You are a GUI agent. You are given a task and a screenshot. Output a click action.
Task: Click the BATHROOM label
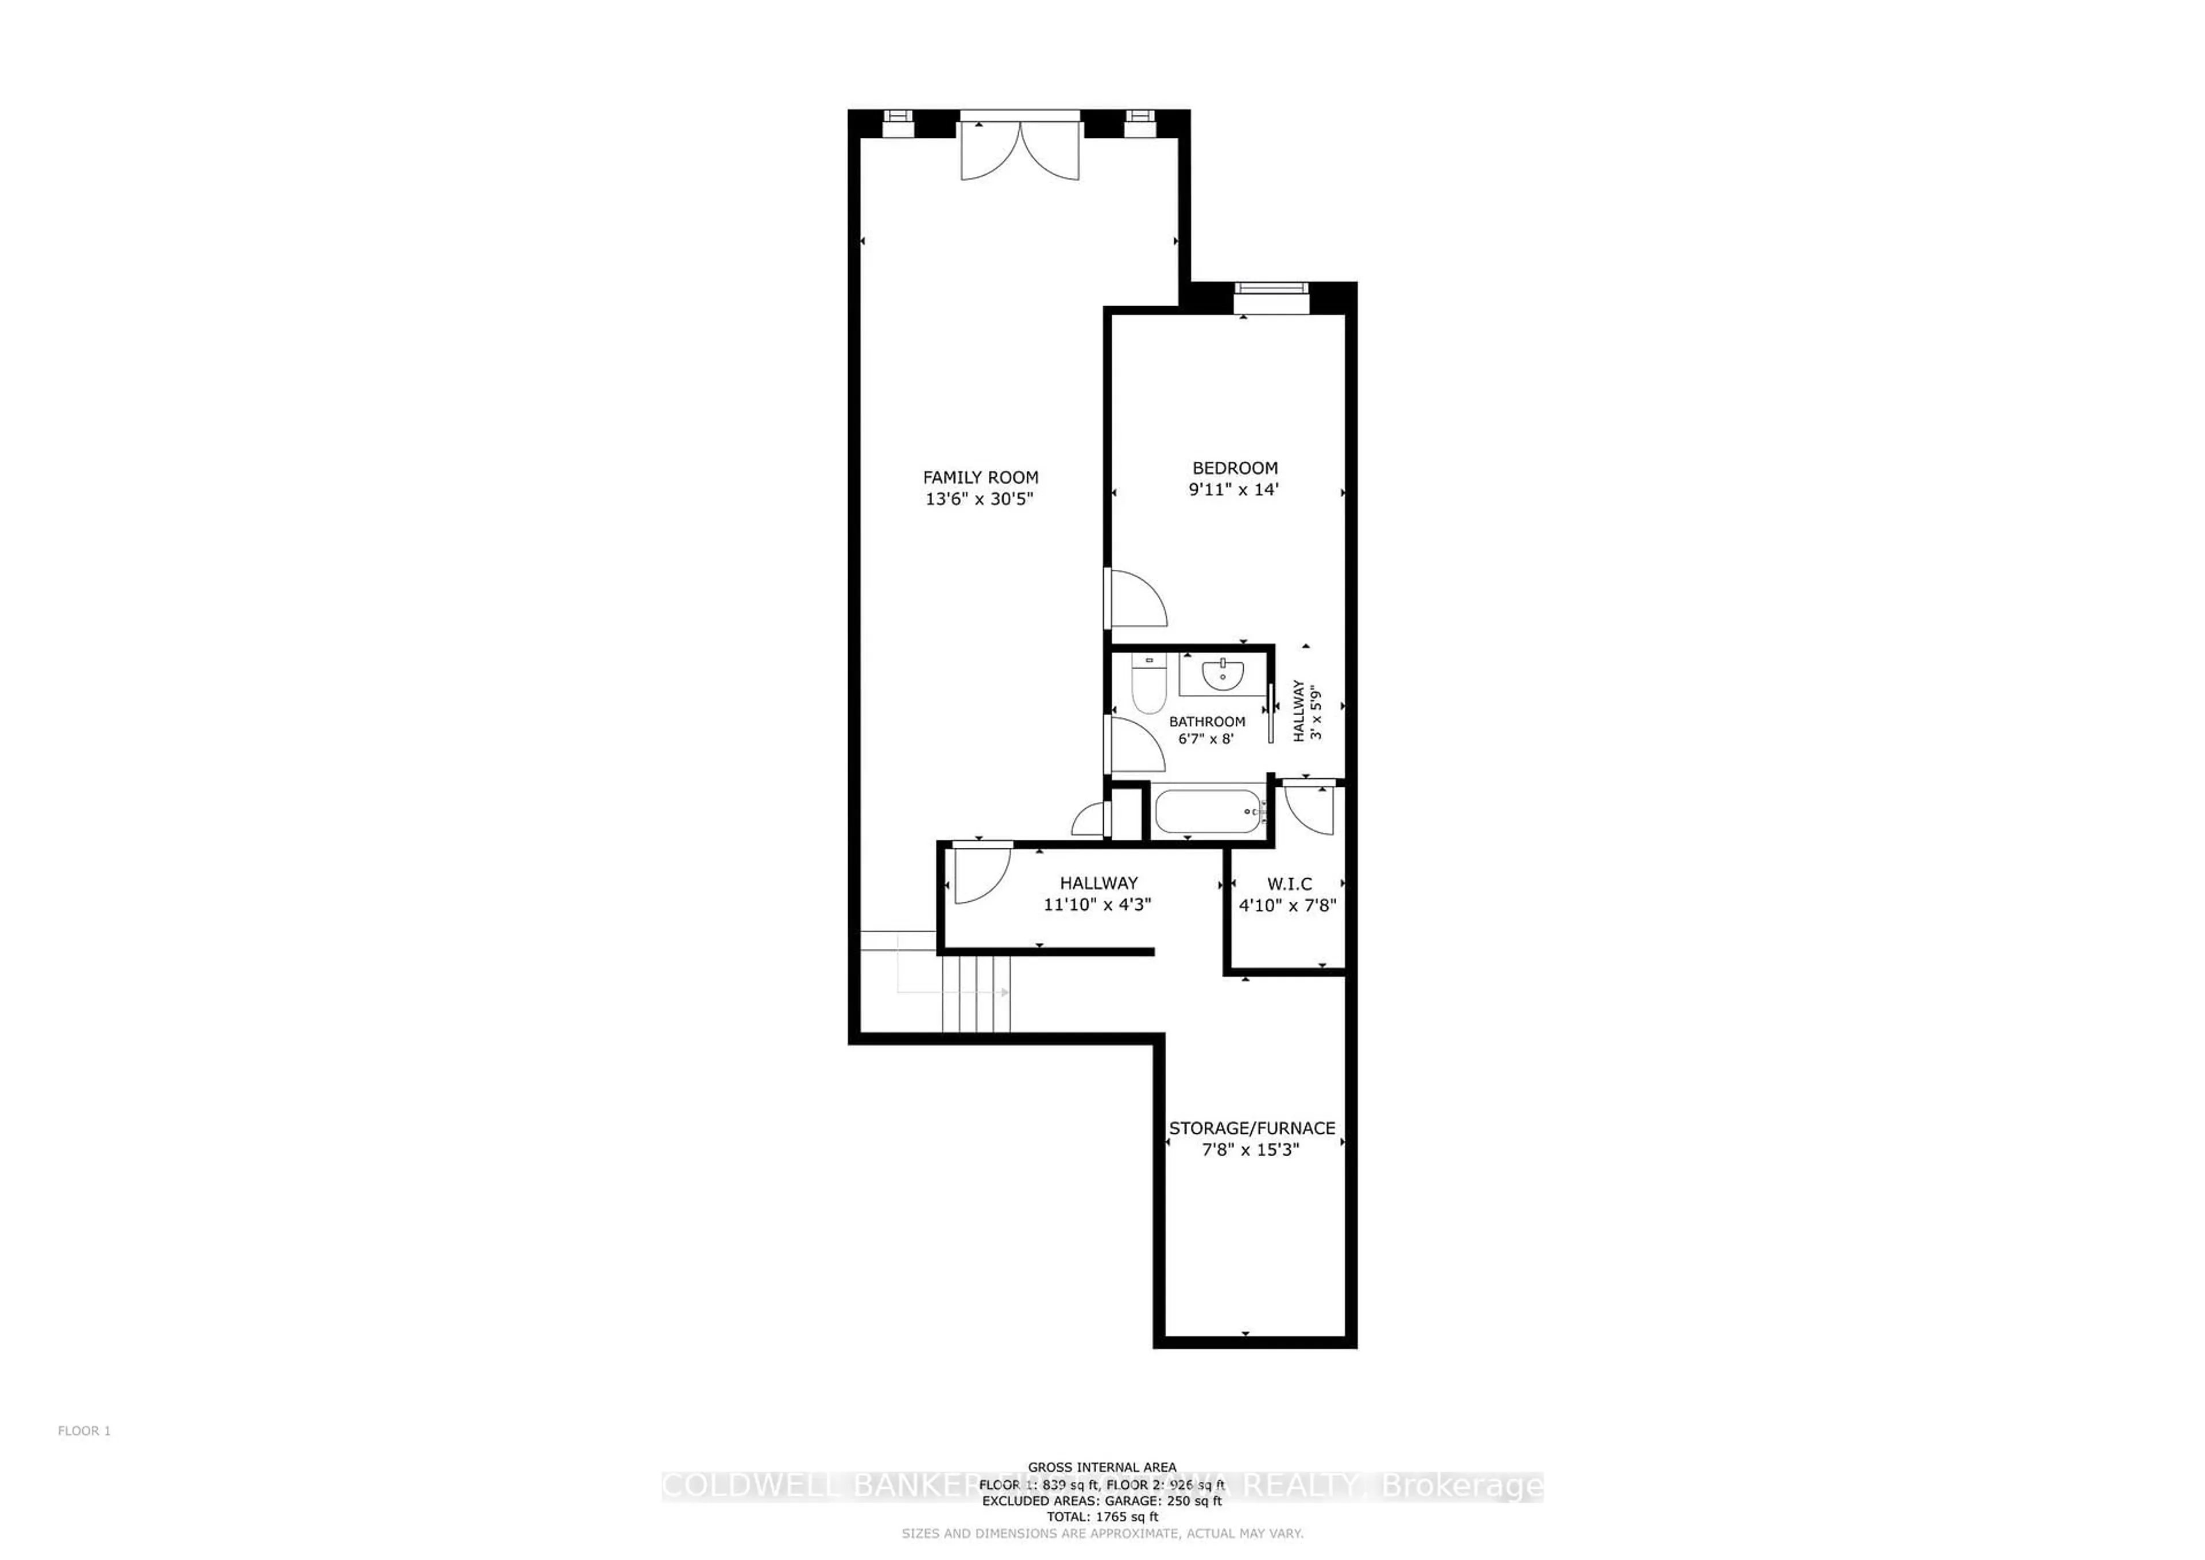[1206, 721]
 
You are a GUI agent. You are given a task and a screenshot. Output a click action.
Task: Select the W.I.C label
[1289, 884]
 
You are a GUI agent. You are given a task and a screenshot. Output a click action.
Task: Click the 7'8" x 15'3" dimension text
[1251, 1150]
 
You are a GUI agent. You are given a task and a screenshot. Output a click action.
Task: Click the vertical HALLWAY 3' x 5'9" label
[1307, 712]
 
